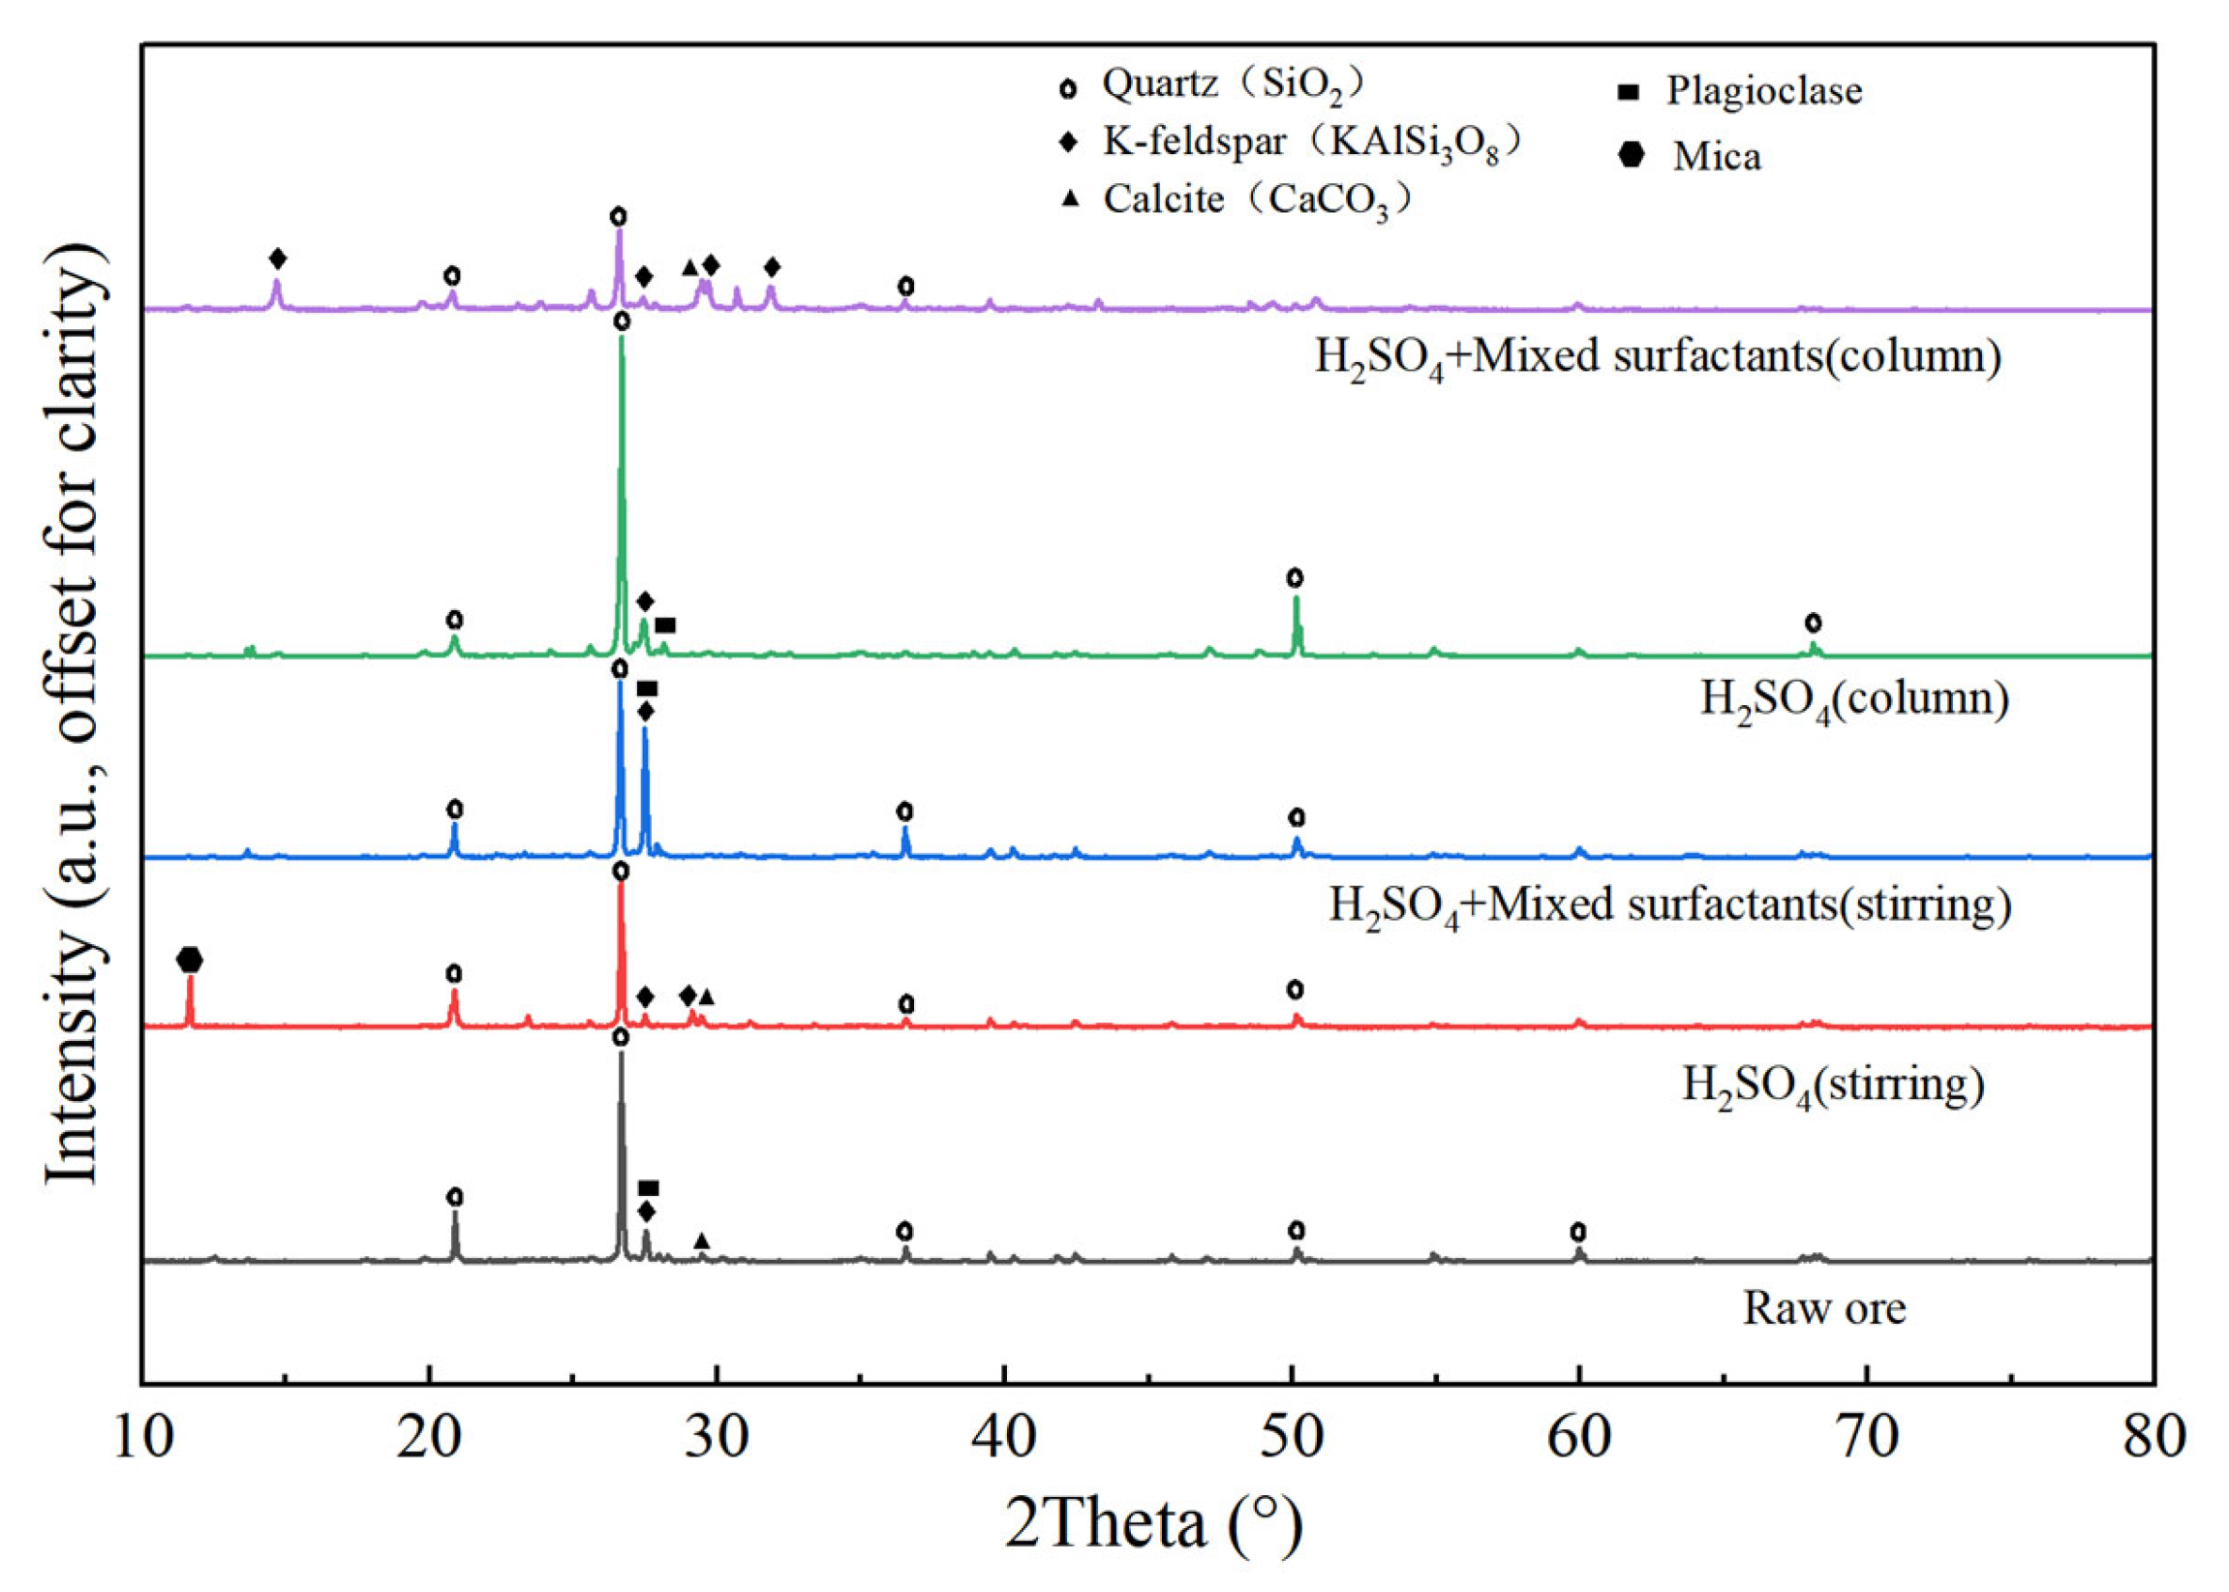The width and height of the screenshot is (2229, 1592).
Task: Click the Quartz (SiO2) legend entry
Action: click(1211, 86)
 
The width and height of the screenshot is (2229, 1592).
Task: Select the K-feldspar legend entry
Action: click(1292, 145)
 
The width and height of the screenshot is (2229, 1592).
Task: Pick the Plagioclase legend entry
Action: click(1739, 91)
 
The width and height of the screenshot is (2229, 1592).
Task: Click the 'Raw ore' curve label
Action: click(1824, 1307)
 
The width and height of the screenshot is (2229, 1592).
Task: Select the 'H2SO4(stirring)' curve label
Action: click(1834, 1087)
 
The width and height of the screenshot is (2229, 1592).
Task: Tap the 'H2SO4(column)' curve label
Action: click(1854, 700)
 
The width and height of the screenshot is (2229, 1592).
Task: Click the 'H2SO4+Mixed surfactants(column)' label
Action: click(1658, 356)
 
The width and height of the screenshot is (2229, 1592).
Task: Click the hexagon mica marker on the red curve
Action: click(190, 960)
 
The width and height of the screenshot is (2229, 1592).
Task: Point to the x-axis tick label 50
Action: click(1293, 1438)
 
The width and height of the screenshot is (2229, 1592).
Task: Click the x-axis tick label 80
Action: click(2154, 1438)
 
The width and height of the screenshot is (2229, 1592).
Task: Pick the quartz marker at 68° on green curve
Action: click(1814, 623)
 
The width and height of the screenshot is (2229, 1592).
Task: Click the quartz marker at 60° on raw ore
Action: click(1578, 1232)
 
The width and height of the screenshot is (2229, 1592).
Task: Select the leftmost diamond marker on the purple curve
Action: click(277, 259)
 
